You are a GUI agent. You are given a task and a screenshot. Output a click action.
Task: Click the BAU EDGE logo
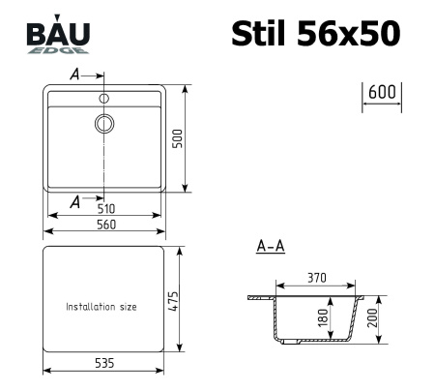tap(59, 36)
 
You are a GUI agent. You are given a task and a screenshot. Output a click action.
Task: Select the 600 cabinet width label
tap(383, 92)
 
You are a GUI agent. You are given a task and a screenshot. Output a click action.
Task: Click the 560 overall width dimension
tap(105, 225)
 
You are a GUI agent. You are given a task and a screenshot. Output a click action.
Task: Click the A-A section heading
tap(270, 248)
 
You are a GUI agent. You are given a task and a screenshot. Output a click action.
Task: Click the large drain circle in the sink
tap(103, 123)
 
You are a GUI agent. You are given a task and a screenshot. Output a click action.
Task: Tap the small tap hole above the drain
tap(103, 98)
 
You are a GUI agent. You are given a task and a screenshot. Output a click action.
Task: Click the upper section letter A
tap(74, 75)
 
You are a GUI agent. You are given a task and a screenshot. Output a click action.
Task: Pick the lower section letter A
tap(74, 200)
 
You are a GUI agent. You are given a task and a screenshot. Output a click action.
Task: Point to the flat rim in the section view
tap(260, 297)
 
